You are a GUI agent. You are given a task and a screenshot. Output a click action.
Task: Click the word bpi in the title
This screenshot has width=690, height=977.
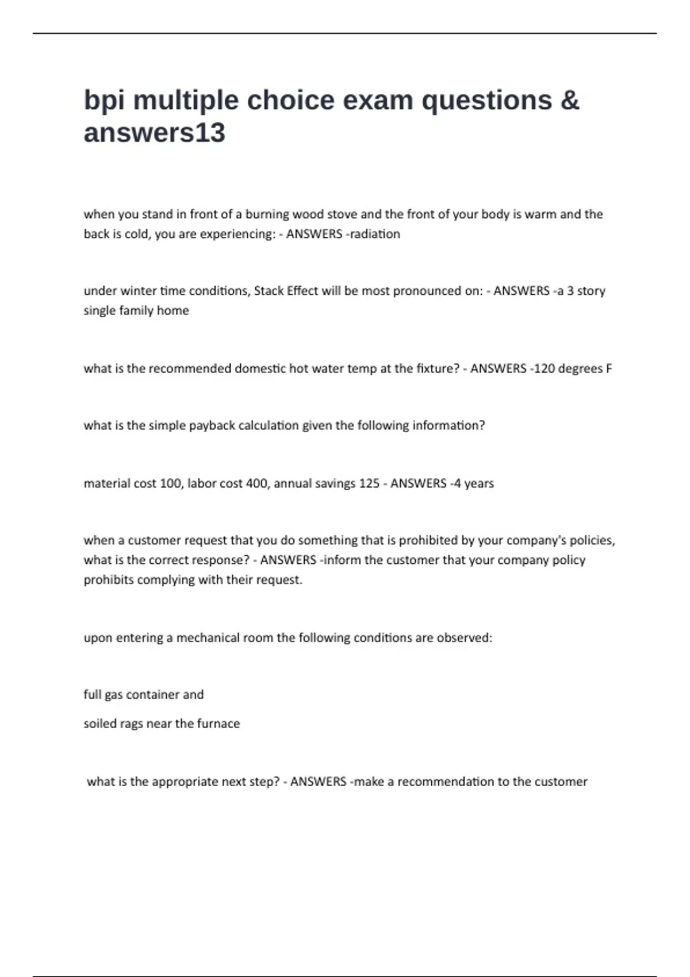(104, 101)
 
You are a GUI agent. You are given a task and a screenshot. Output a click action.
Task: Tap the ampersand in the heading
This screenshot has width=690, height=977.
(569, 100)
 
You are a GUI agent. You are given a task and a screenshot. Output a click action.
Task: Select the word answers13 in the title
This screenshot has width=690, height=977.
(154, 133)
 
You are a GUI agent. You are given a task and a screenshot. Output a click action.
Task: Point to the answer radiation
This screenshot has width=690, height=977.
(375, 234)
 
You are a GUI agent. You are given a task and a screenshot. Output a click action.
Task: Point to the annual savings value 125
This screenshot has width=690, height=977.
(369, 483)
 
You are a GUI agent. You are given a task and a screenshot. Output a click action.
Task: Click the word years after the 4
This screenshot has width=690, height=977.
(479, 483)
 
